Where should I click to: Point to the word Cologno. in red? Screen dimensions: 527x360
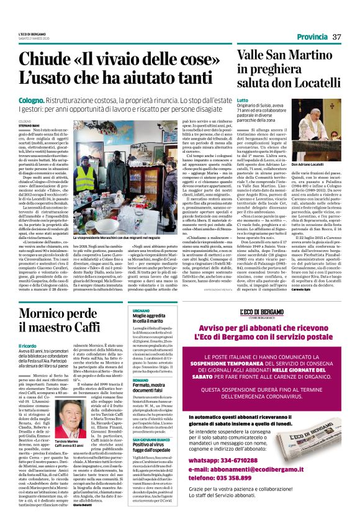[31, 99]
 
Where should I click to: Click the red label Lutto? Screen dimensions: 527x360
[243, 100]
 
